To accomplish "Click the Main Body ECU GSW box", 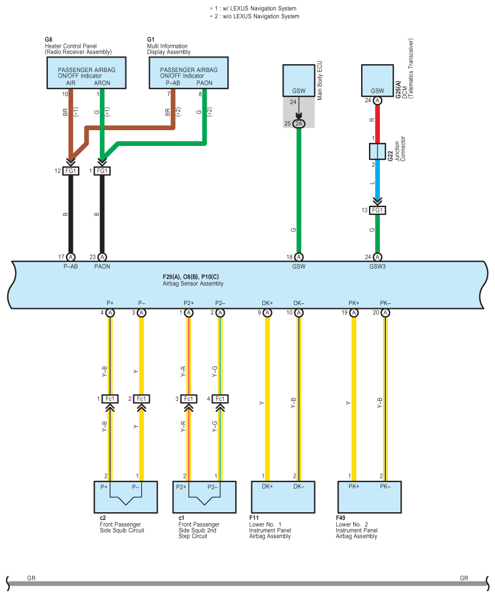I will (299, 81).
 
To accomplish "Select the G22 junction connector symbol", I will (377, 151).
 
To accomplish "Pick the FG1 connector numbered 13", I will (377, 210).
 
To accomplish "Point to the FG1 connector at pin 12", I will (70, 171).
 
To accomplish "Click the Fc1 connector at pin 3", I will (188, 398).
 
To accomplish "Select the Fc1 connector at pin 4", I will (220, 398).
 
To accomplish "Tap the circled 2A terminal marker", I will (299, 124).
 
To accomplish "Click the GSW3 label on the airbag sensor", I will (377, 265).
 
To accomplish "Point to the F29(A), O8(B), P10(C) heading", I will (191, 277).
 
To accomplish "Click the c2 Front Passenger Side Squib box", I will (125, 497).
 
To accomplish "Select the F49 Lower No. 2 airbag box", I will (369, 497).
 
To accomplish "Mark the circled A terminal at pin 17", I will (70, 257).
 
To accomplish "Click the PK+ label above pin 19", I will (354, 303).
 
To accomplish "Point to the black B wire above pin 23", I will (102, 215).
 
